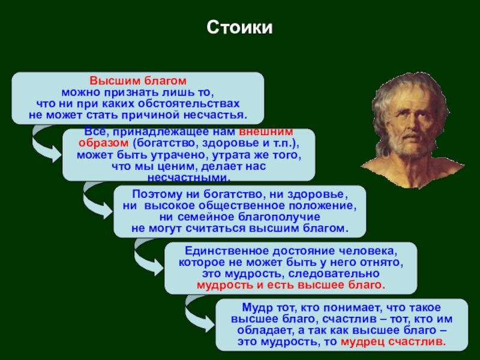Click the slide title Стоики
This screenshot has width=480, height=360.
point(239,28)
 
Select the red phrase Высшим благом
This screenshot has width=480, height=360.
point(138,81)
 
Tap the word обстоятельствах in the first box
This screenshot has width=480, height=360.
point(188,103)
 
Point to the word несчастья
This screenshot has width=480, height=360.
point(215,115)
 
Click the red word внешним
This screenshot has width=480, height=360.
point(266,131)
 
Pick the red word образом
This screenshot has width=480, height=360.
point(103,143)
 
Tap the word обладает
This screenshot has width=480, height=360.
point(262,331)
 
